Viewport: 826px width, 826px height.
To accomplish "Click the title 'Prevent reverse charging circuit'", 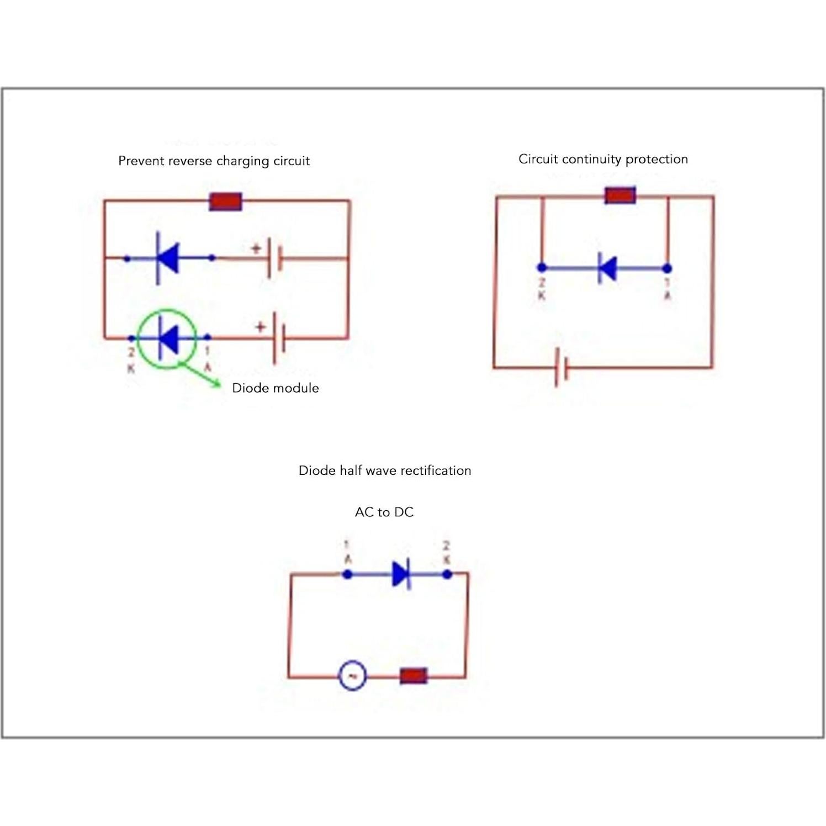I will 214,161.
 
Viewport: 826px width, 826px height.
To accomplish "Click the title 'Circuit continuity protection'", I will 603,159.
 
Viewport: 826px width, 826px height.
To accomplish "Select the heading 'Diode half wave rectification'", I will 385,470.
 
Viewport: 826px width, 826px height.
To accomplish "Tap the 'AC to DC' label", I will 384,512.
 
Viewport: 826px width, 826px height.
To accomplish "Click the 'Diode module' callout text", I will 275,388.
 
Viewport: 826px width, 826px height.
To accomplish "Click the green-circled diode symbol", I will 168,338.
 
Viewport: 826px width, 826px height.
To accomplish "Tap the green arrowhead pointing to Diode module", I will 218,384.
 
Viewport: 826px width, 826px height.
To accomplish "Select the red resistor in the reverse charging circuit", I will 225,202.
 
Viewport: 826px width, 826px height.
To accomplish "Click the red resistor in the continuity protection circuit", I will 620,195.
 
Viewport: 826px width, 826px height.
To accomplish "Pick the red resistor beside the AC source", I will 413,675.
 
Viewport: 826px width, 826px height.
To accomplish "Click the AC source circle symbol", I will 352,675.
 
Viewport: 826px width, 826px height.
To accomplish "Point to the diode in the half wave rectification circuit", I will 401,574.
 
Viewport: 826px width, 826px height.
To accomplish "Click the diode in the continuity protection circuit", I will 607,269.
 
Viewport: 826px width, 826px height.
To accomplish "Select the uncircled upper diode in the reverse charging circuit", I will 167,258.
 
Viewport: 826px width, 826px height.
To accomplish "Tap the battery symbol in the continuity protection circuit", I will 562,367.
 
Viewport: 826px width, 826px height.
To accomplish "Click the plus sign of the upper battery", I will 256,248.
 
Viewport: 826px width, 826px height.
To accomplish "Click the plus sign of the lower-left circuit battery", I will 260,327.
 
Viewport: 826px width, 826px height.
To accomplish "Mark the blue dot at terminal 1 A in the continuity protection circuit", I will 667,269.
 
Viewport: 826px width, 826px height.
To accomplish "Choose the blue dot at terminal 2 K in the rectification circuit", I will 447,574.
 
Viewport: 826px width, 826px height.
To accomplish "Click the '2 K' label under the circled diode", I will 131,360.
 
